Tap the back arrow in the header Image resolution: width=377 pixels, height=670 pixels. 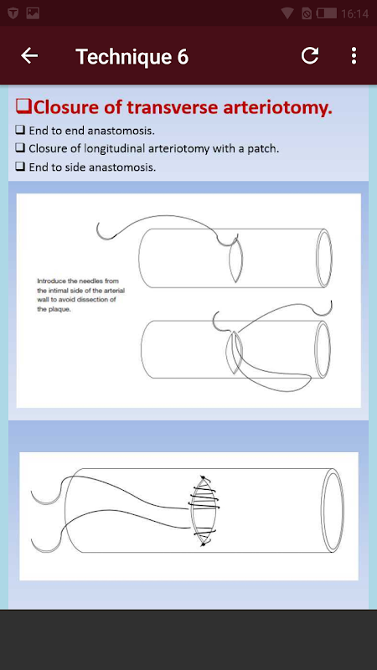[x=29, y=55]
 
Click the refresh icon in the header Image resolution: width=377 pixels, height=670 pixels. [x=310, y=55]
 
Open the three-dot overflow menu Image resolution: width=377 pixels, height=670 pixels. [x=354, y=55]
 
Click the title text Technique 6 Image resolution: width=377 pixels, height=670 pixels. [x=132, y=56]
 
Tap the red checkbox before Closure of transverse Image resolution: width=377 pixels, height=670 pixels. [x=23, y=106]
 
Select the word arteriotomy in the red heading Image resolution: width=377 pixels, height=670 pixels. [x=277, y=108]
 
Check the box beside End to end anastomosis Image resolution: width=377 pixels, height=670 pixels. [x=19, y=130]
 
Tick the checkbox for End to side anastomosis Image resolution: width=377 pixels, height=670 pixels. [x=19, y=166]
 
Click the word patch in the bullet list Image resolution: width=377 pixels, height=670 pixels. [x=266, y=149]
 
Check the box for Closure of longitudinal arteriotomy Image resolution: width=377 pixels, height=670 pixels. [x=19, y=148]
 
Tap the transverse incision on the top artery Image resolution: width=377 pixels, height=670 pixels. [x=236, y=260]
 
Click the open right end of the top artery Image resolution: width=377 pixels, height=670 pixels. [x=324, y=258]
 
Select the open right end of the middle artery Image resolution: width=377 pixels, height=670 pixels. [x=323, y=349]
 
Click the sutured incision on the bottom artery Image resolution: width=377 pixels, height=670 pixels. [x=204, y=511]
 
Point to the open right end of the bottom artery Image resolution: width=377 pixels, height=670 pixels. [x=333, y=510]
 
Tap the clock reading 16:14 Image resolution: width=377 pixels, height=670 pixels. [x=354, y=13]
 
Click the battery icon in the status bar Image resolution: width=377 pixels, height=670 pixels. [x=326, y=13]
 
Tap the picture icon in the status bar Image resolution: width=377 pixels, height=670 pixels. [x=33, y=13]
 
